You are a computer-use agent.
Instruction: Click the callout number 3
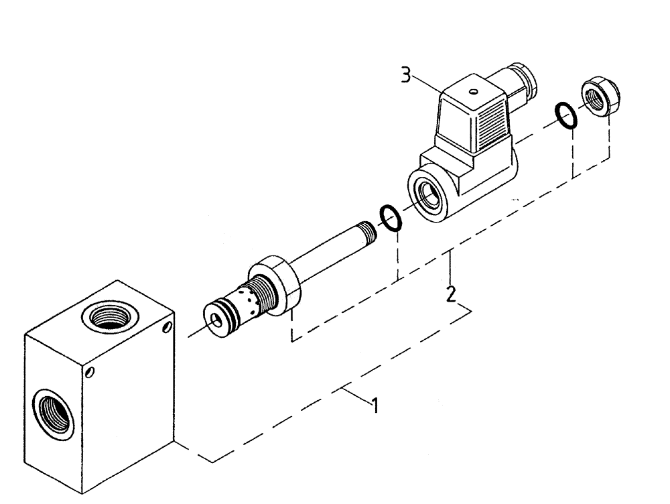407,74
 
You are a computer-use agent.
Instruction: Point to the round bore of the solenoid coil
427,195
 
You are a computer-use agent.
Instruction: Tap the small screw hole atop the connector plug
474,92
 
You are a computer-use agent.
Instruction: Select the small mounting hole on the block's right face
166,328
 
